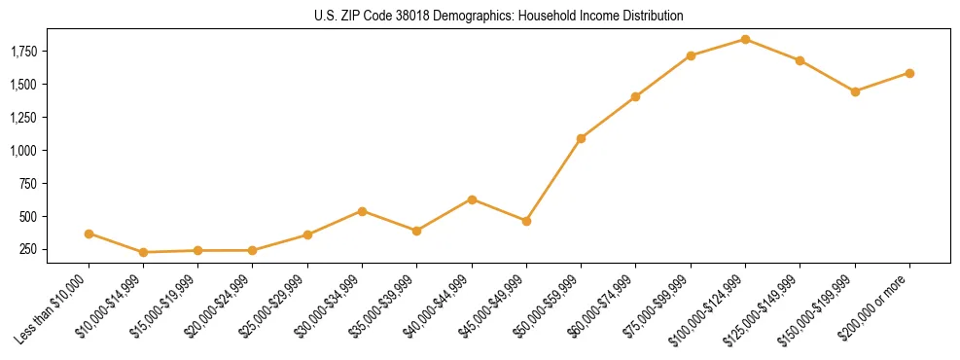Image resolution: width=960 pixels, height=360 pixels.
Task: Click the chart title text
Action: [499, 16]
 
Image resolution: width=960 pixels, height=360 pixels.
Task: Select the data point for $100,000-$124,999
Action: [745, 39]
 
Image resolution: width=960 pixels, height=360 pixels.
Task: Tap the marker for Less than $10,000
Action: [89, 234]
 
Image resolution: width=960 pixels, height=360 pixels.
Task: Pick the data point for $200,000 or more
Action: [909, 73]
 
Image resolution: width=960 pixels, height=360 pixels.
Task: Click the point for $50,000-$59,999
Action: [581, 138]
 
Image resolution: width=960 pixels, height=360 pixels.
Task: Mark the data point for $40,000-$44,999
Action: [472, 199]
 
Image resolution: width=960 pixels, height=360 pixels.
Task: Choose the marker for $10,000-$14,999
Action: [143, 252]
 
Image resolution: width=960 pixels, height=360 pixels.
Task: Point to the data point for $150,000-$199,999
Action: [855, 91]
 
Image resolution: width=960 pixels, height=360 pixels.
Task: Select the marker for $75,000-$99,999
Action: [691, 55]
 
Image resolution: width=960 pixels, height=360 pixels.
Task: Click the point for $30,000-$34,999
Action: [362, 211]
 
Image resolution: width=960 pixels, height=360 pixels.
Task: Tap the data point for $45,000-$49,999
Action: [526, 221]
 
